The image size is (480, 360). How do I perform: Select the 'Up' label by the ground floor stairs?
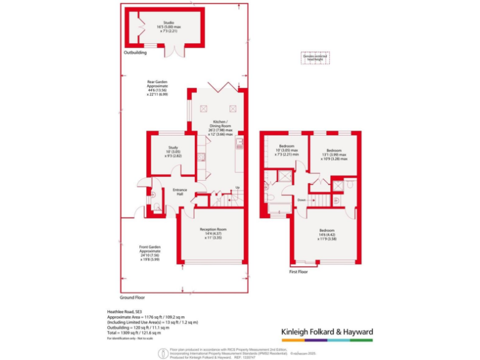237,188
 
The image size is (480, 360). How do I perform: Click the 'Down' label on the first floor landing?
301,200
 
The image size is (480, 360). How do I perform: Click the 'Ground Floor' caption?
132,297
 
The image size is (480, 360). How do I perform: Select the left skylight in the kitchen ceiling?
204,108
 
